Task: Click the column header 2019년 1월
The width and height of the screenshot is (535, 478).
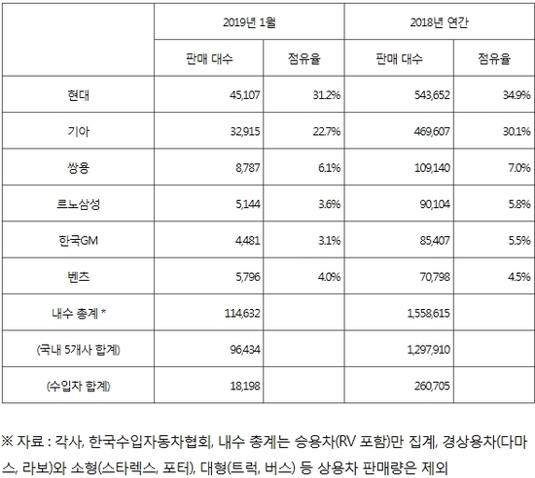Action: point(249,22)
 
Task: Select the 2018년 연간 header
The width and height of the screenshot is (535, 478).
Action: point(439,22)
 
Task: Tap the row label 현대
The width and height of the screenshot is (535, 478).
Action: point(79,95)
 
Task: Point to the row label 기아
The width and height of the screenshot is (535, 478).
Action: point(79,131)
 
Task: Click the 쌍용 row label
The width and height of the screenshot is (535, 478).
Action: point(79,168)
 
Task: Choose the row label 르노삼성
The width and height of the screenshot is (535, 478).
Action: point(79,204)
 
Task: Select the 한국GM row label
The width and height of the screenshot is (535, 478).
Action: point(79,241)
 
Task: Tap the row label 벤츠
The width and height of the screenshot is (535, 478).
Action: point(79,277)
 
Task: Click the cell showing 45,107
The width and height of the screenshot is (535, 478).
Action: point(244,95)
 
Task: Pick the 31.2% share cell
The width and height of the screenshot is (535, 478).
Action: point(327,95)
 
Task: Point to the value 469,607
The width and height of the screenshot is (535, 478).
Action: point(432,131)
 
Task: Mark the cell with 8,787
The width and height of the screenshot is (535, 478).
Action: point(248,168)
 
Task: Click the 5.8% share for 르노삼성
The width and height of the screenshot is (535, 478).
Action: point(519,204)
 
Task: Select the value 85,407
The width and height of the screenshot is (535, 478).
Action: point(435,241)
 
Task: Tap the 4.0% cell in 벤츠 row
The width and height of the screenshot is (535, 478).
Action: point(329,277)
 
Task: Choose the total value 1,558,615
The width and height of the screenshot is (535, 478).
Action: point(429,313)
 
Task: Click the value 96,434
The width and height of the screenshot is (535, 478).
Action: point(244,350)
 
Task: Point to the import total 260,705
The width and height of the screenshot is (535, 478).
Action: point(432,386)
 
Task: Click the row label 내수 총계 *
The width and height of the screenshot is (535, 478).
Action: point(79,313)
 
